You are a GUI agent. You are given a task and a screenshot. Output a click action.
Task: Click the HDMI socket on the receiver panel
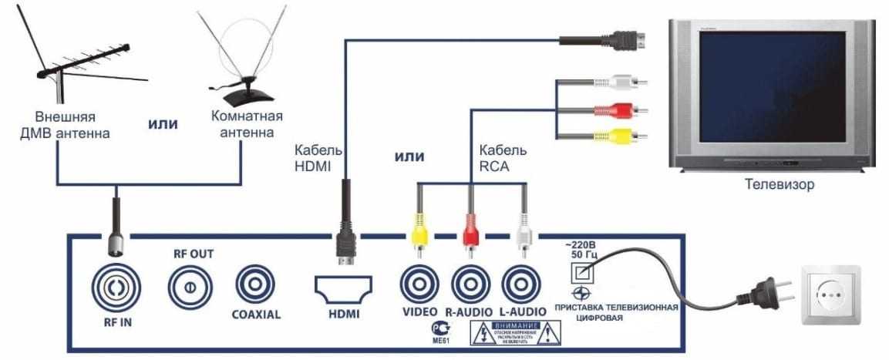(x=343, y=290)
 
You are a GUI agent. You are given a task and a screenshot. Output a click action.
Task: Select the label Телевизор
(x=779, y=185)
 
